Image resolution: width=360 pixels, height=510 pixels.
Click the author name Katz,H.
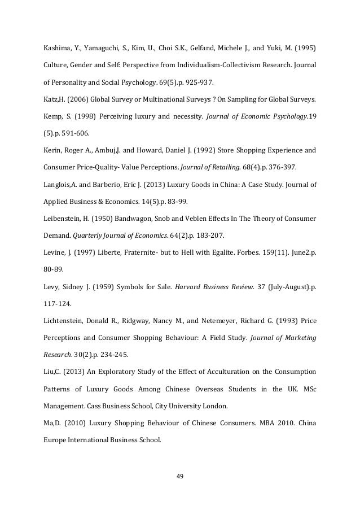pyautogui.click(x=54, y=101)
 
